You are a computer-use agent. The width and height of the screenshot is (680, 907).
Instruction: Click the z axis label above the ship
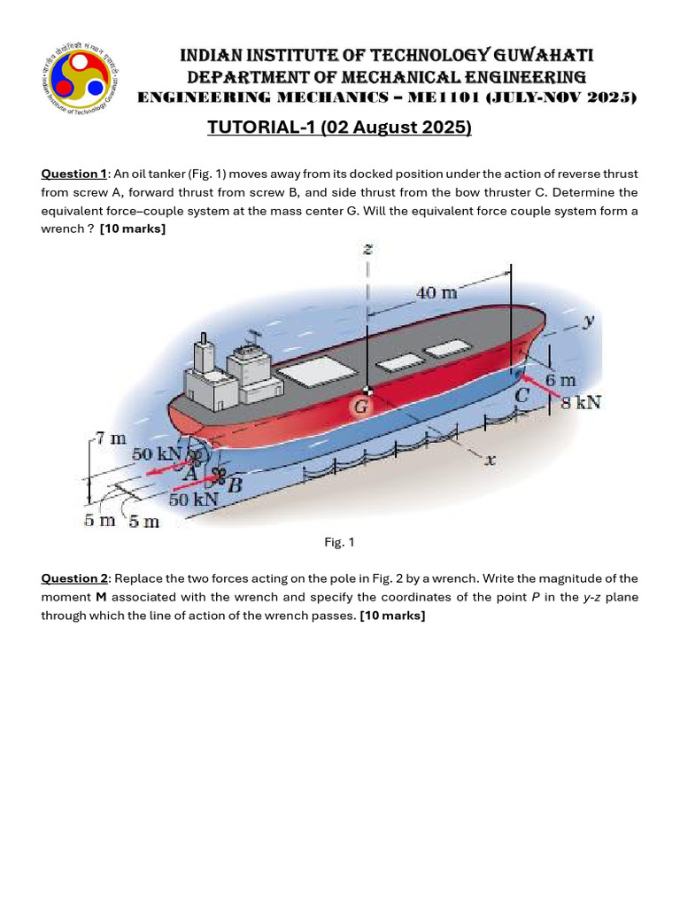point(367,250)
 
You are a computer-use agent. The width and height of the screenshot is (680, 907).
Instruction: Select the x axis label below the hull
point(491,460)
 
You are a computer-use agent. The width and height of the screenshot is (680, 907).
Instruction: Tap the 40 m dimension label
point(437,291)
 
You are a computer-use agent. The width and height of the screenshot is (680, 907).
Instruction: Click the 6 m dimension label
point(560,379)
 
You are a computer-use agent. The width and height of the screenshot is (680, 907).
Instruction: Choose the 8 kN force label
point(580,402)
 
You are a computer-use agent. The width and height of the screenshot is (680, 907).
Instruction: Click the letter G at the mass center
point(361,407)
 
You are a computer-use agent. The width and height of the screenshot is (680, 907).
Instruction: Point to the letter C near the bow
point(523,396)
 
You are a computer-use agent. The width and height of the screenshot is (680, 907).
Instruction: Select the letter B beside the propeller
point(234,485)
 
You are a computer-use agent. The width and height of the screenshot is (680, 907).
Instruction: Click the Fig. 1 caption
point(339,542)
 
